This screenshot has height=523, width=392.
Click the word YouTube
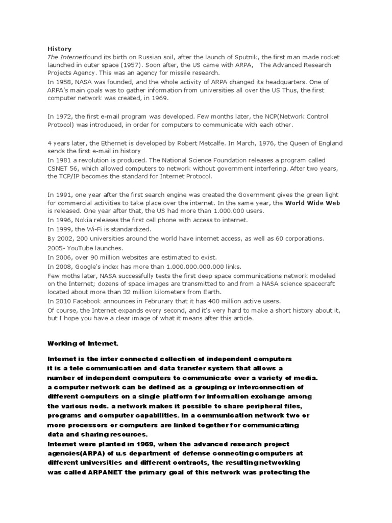[x=78, y=248]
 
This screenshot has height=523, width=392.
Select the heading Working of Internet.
[x=82, y=343]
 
